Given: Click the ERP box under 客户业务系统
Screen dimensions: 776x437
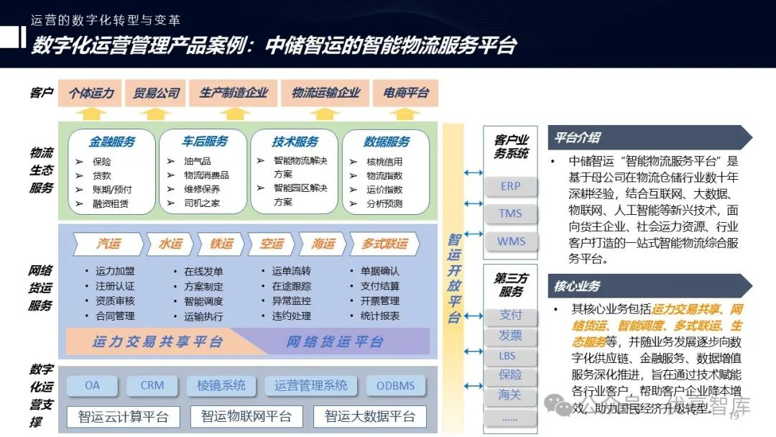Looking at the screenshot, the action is (x=510, y=186).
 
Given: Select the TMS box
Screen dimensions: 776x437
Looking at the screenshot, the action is (x=510, y=213).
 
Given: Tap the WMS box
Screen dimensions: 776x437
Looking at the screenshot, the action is (x=511, y=241).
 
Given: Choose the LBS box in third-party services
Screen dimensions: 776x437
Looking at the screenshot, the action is (x=510, y=355).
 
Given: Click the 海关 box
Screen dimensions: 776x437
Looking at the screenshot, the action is (x=510, y=394).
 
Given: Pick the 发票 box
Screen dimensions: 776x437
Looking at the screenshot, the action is (x=510, y=335).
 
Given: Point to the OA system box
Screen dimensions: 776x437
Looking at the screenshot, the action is (x=92, y=385).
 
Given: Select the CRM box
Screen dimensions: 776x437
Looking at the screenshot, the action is (x=152, y=385).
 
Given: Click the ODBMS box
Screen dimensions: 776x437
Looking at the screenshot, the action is (x=395, y=385).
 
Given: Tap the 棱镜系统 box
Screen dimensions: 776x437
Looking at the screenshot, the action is (x=221, y=385).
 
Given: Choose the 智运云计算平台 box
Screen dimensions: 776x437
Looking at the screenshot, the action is (x=123, y=416).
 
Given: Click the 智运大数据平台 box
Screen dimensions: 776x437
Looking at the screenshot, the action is (x=369, y=416).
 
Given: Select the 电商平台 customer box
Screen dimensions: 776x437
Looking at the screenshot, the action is (x=406, y=93).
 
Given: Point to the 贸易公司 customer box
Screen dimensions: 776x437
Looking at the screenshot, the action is (x=157, y=93).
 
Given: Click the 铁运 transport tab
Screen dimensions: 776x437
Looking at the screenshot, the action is (x=221, y=244).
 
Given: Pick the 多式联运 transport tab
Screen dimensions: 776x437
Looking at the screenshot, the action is (x=384, y=244).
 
